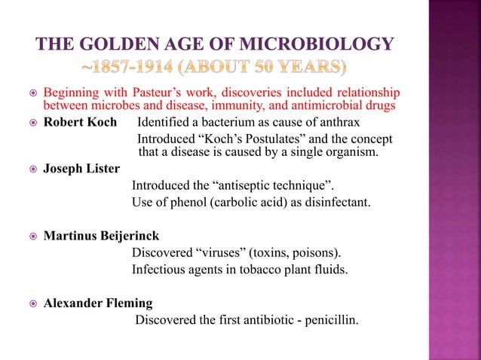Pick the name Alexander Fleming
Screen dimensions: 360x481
coord(98,304)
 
